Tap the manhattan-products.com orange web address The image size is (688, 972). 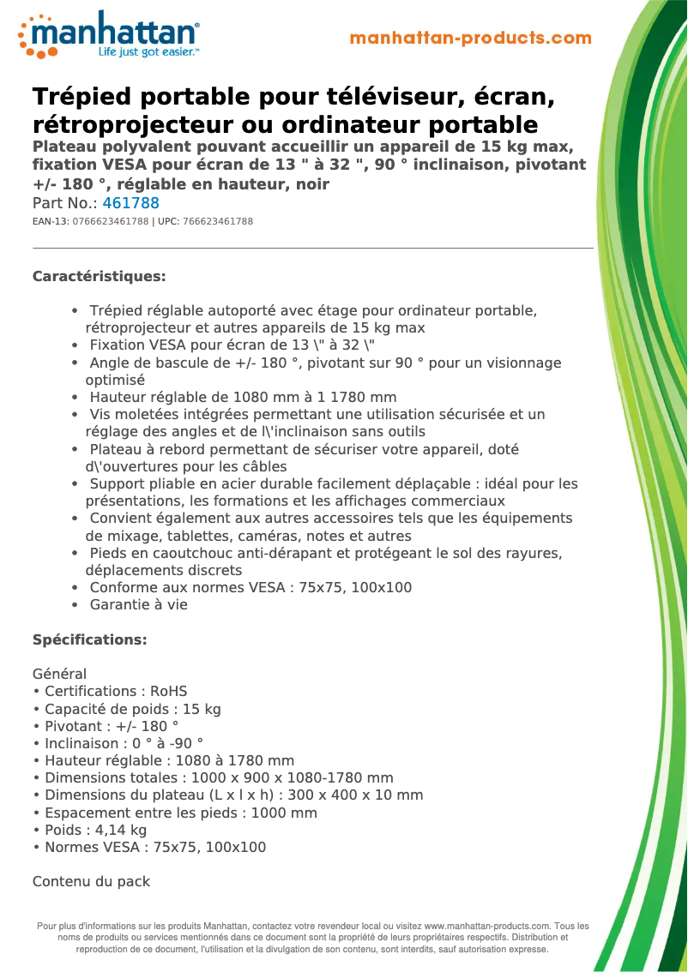[x=470, y=39]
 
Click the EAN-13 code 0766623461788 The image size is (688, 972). [x=106, y=222]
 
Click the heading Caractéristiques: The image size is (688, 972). [x=99, y=277]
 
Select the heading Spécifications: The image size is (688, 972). [x=89, y=640]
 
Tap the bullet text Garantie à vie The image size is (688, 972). [x=138, y=605]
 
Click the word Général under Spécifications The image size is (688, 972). [x=59, y=675]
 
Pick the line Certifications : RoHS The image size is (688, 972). [x=110, y=692]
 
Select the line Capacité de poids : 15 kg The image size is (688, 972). [x=126, y=709]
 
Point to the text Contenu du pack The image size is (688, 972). [x=91, y=882]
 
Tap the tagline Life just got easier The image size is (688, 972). [x=148, y=52]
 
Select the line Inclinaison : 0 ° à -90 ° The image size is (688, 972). [x=118, y=744]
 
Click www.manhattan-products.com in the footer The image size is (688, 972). [x=486, y=927]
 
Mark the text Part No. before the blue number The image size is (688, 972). [x=63, y=204]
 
